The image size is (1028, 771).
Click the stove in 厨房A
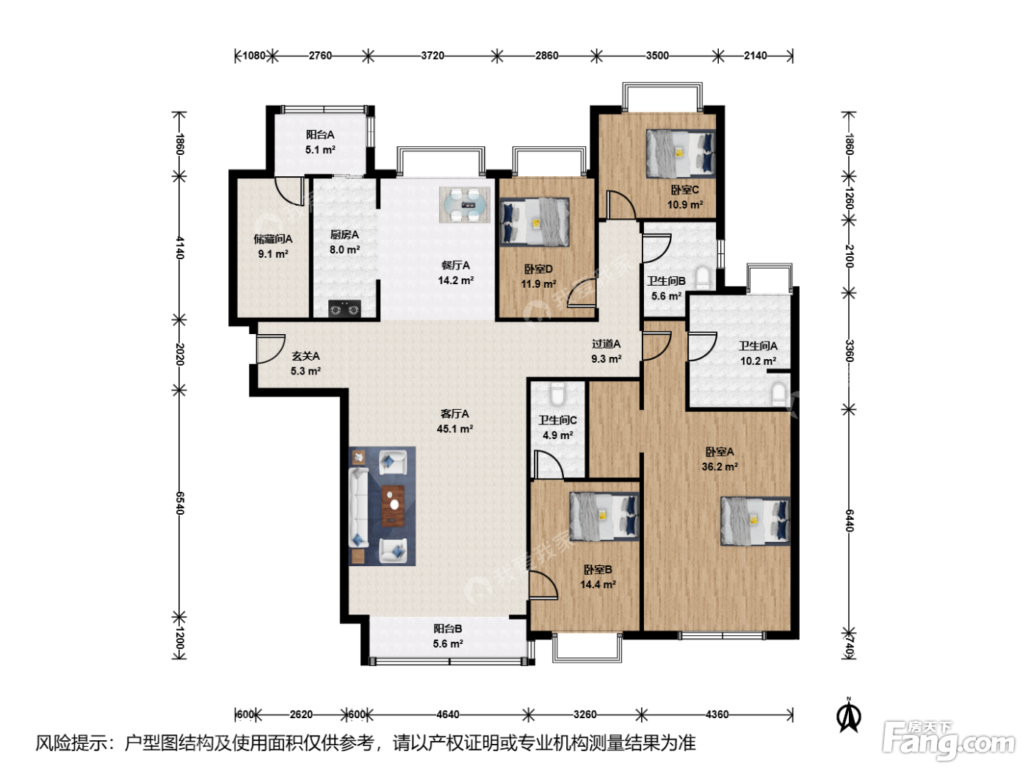344,308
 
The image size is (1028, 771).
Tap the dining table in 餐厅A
465,205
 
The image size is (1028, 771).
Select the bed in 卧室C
681,153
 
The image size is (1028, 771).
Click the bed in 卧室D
535,222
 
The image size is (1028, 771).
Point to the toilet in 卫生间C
557,394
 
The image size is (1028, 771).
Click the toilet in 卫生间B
703,277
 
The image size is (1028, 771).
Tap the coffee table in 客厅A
393,505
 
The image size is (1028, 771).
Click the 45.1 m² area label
455,429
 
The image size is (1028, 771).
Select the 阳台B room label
448,629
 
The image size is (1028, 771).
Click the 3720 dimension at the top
432,56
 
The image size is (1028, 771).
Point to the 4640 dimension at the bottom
448,714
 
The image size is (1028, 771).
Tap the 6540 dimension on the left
180,503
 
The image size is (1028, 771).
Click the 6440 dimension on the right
849,521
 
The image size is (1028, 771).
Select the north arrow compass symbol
849,714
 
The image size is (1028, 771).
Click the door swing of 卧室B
543,585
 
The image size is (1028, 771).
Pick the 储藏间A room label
273,239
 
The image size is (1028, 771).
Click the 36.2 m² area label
720,467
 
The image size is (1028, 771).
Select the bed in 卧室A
755,521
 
